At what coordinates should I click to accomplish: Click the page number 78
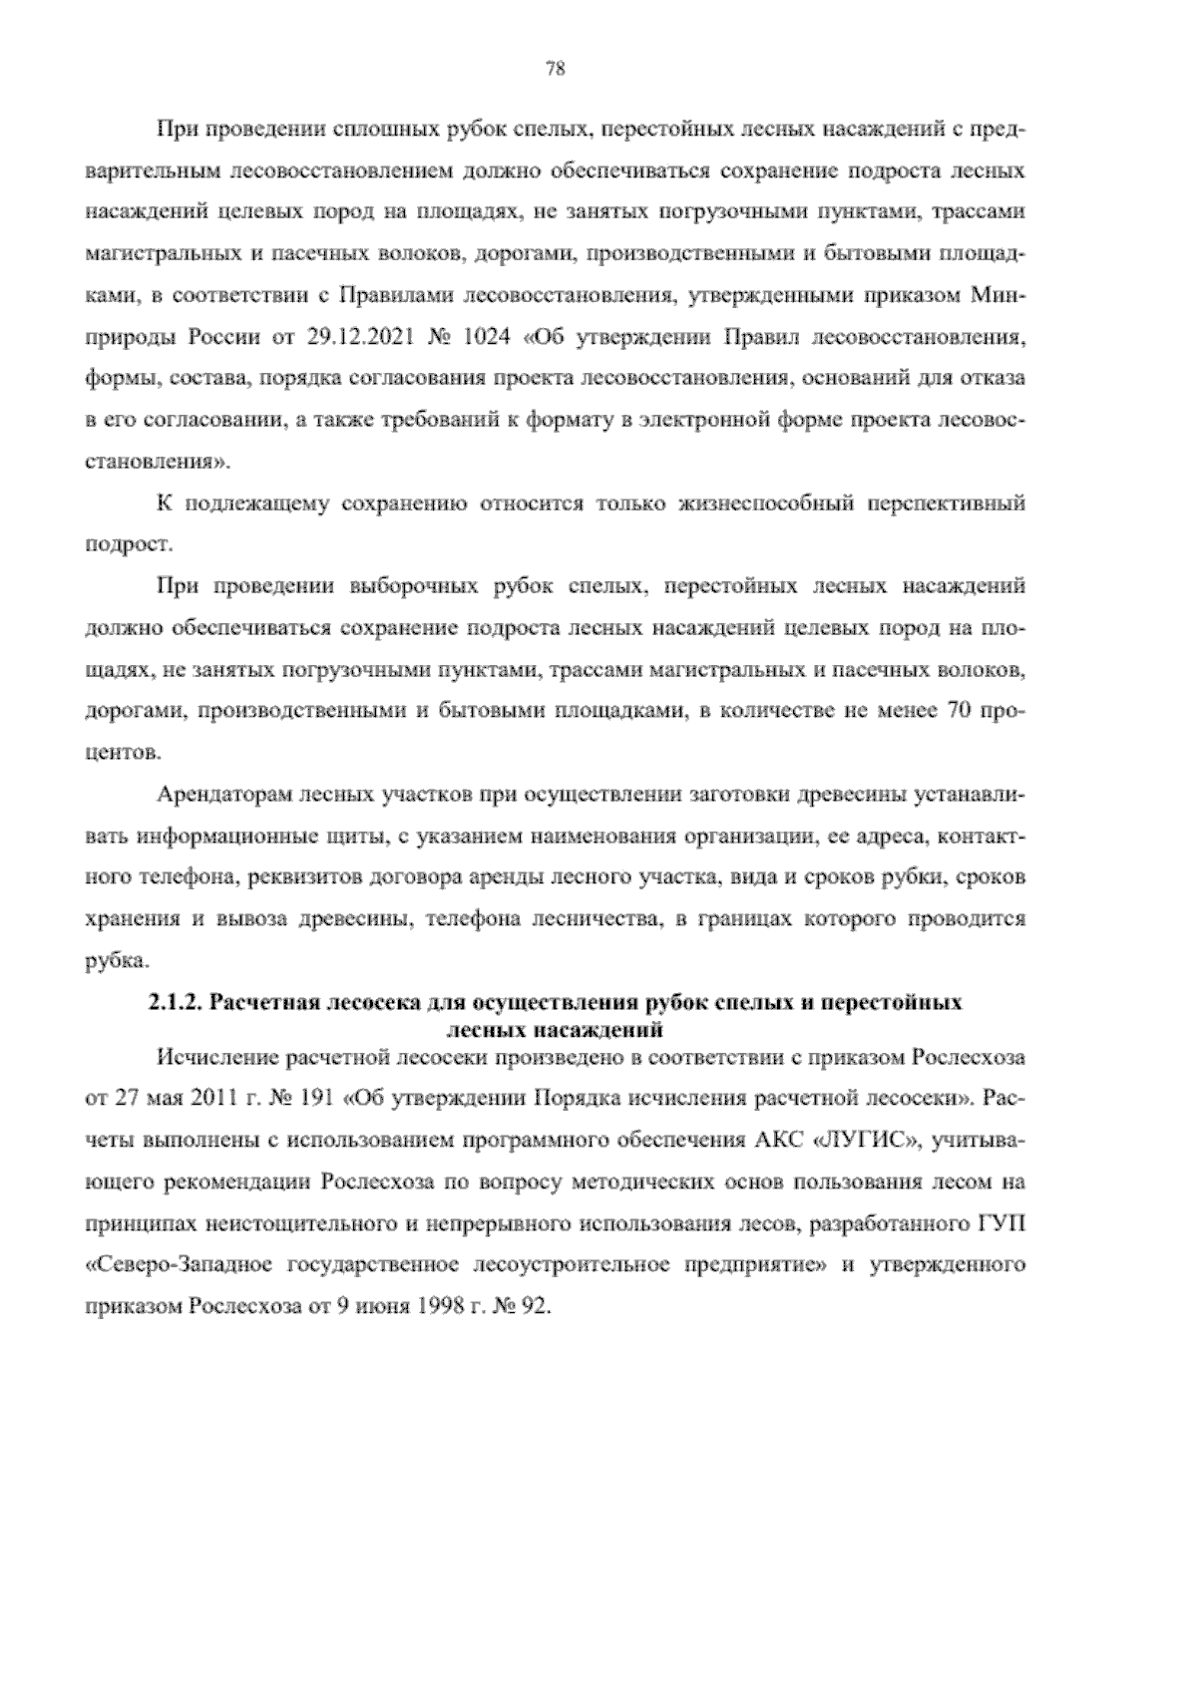pyautogui.click(x=557, y=69)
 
